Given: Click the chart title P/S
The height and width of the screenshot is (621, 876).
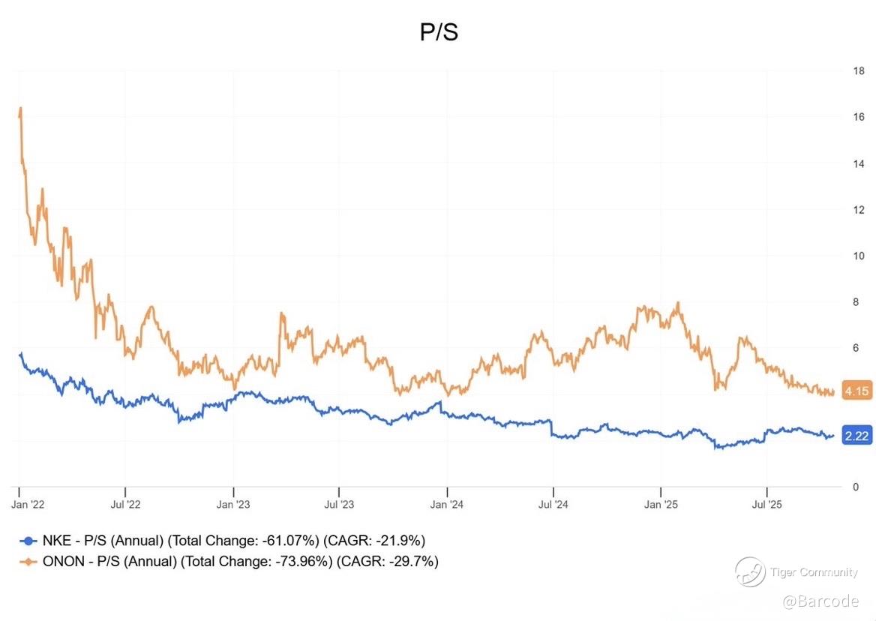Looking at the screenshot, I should coord(439,33).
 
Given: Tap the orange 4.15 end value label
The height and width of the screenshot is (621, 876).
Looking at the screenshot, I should coord(856,391).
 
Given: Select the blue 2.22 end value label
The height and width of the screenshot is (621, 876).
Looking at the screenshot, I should coord(856,436).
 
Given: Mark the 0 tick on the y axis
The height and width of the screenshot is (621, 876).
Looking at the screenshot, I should coord(856,487).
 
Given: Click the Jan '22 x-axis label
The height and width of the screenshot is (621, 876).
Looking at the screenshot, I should coord(28,504).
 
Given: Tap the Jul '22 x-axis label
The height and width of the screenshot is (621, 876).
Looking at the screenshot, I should coord(126,504).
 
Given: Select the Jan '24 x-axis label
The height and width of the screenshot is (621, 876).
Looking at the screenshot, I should coord(447,504).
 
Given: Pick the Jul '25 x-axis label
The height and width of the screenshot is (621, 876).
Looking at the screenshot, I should coord(767,504).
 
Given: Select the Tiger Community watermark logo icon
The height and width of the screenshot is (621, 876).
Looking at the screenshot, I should coord(749,572).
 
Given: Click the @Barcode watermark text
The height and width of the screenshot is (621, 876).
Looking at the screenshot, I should coord(820,601).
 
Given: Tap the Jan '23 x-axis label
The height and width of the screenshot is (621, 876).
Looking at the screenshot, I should coord(233,504).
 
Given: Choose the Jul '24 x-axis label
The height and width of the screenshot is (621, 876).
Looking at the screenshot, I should coord(553,504).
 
